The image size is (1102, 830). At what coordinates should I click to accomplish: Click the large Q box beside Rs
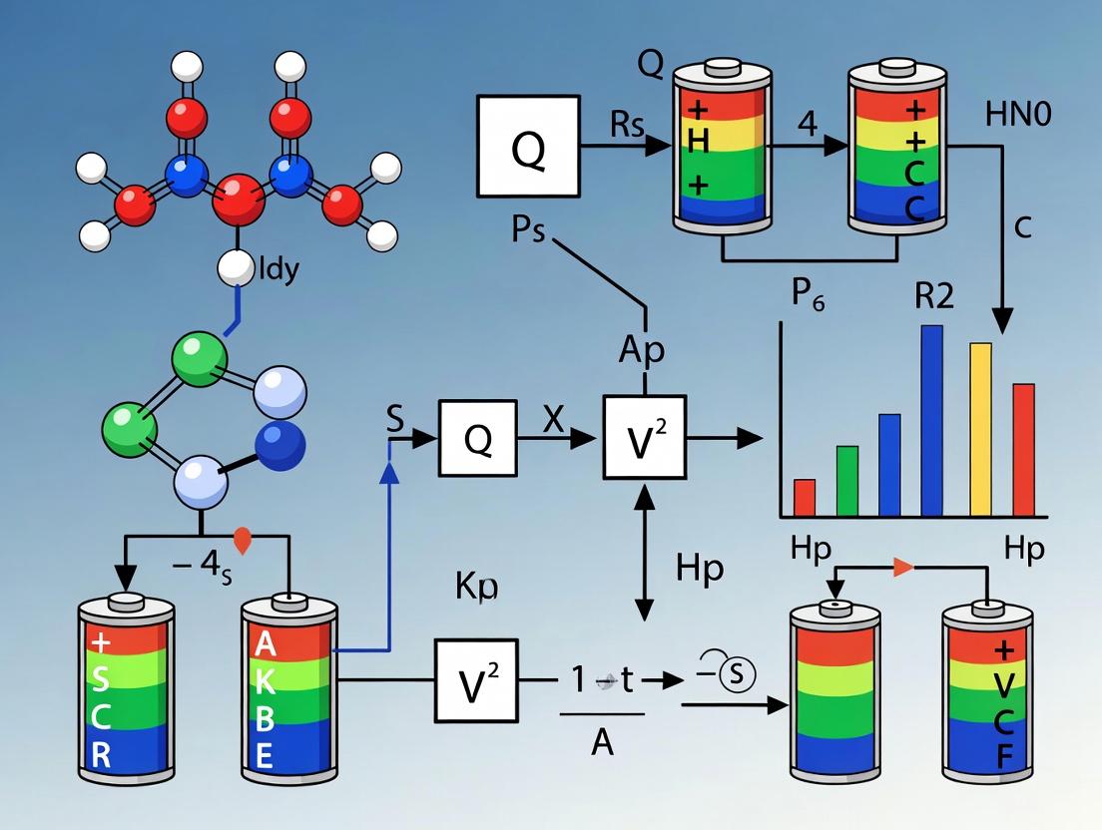point(528,146)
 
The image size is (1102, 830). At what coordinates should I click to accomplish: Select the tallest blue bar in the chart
point(931,419)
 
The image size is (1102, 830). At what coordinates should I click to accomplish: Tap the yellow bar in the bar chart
point(980,429)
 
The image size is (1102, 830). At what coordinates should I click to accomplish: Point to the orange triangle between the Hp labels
point(902,568)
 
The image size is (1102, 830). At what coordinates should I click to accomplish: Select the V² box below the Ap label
point(645,436)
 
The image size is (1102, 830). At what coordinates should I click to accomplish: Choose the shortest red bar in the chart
point(804,496)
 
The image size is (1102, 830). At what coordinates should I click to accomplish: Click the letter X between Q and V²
point(554,421)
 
